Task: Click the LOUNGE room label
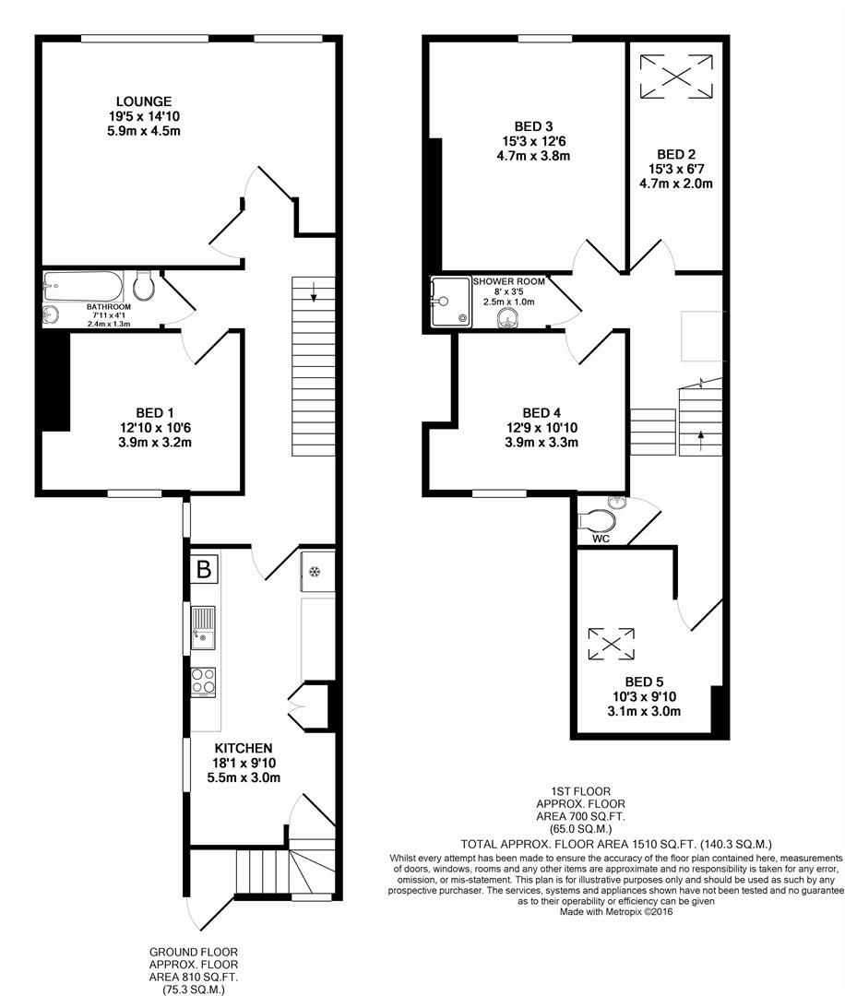coord(144,101)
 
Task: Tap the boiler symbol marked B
coord(203,569)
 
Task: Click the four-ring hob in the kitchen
coord(203,682)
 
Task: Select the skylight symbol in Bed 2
coord(677,76)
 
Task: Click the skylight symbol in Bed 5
coord(612,643)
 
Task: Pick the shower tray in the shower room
coord(450,302)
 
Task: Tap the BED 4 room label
coord(542,412)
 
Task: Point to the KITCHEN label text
coord(244,747)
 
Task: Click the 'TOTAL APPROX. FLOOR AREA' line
coord(616,844)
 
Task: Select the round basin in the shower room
coord(505,320)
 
